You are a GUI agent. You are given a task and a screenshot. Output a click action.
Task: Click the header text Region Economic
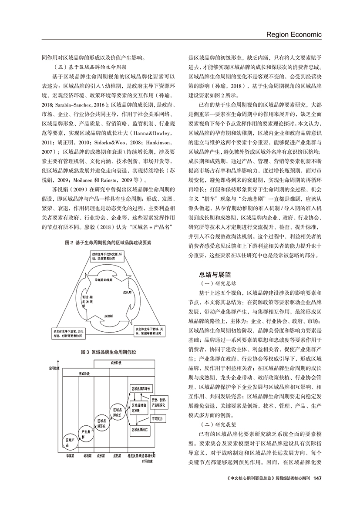tap(294, 34)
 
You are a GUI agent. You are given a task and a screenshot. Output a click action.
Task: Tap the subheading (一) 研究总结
tap(216, 283)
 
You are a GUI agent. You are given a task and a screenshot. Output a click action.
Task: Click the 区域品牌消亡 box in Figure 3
tap(140, 429)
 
